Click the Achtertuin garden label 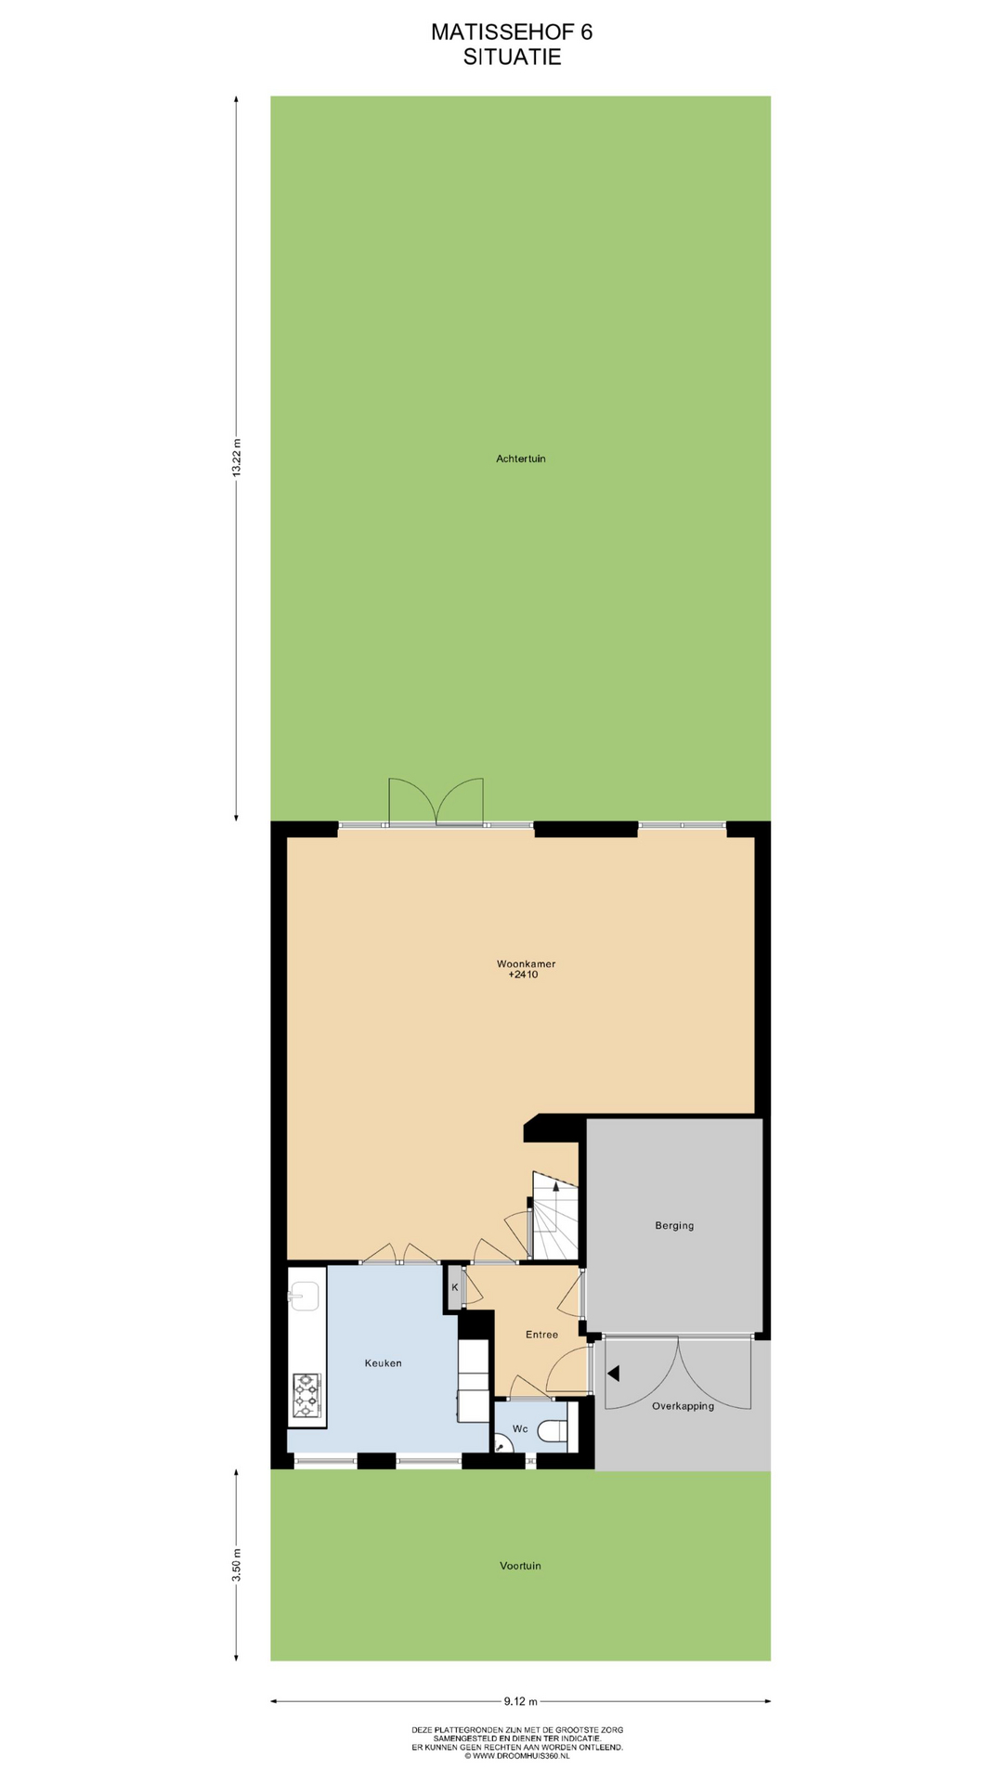click(520, 458)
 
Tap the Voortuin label click(520, 1566)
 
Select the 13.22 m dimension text click(236, 458)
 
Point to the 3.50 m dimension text click(236, 1565)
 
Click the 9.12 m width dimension click(520, 1701)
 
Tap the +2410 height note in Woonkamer click(523, 975)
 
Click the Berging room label click(674, 1225)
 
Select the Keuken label click(383, 1363)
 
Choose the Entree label click(541, 1335)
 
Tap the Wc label click(520, 1428)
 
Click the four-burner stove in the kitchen click(306, 1397)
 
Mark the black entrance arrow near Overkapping click(613, 1373)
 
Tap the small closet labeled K click(454, 1287)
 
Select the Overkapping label click(683, 1406)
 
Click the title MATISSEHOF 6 click(512, 32)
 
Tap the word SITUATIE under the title click(512, 57)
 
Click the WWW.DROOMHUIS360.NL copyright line click(517, 1756)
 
